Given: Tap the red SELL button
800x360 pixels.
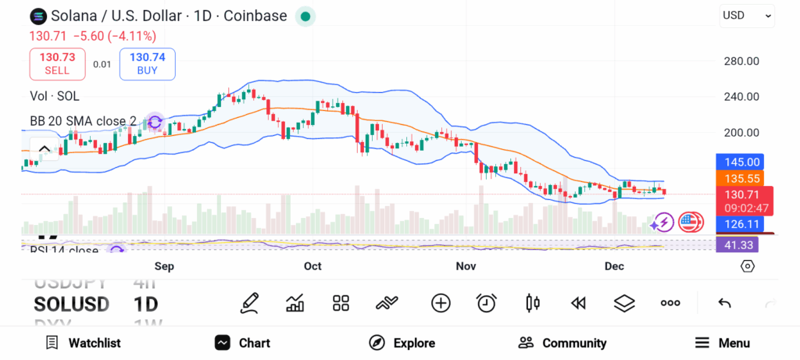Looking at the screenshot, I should pos(57,63).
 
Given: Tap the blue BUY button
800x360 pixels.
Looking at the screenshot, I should pos(147,63).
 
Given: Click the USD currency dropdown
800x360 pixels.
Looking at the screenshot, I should pos(747,15).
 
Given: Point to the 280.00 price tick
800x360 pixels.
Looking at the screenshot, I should pos(741,61).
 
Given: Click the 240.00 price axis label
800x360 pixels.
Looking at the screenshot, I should pos(741,97).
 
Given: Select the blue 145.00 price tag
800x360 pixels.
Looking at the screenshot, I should pos(741,162).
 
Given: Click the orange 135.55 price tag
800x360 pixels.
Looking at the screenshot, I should pos(741,179).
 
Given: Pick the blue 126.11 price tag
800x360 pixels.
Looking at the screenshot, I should pos(741,224).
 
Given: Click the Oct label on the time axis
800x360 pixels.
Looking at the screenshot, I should pos(312,266).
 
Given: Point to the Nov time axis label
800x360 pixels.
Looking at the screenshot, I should pos(466,266).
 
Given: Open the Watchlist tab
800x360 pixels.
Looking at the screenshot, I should pos(83,343).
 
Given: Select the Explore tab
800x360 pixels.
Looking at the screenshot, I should pos(402,343).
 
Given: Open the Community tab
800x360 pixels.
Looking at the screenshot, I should pos(562,343).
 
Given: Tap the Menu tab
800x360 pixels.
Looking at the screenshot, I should pos(723,343).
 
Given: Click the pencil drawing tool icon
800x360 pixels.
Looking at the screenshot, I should pos(250,303).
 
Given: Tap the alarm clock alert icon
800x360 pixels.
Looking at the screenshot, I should pos(487,303).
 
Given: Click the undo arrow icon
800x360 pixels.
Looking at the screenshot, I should pos(724,303).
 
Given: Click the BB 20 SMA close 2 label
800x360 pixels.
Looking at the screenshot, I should pos(83,121).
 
